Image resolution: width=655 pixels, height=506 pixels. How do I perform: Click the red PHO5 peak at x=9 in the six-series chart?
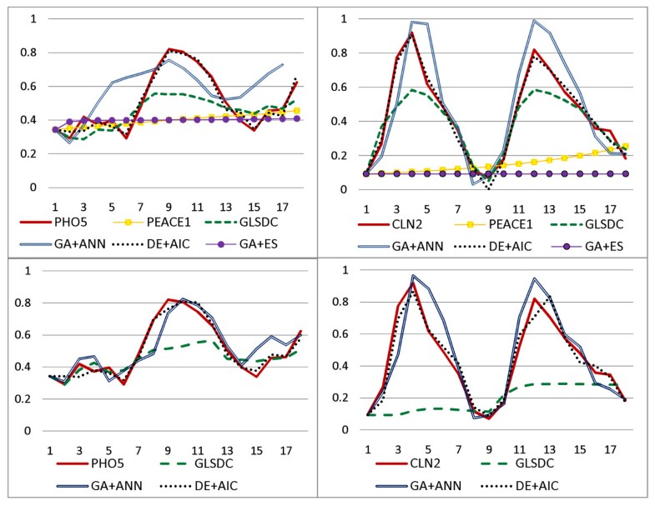click(x=169, y=49)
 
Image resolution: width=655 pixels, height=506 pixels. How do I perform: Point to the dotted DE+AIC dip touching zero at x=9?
click(x=488, y=188)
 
